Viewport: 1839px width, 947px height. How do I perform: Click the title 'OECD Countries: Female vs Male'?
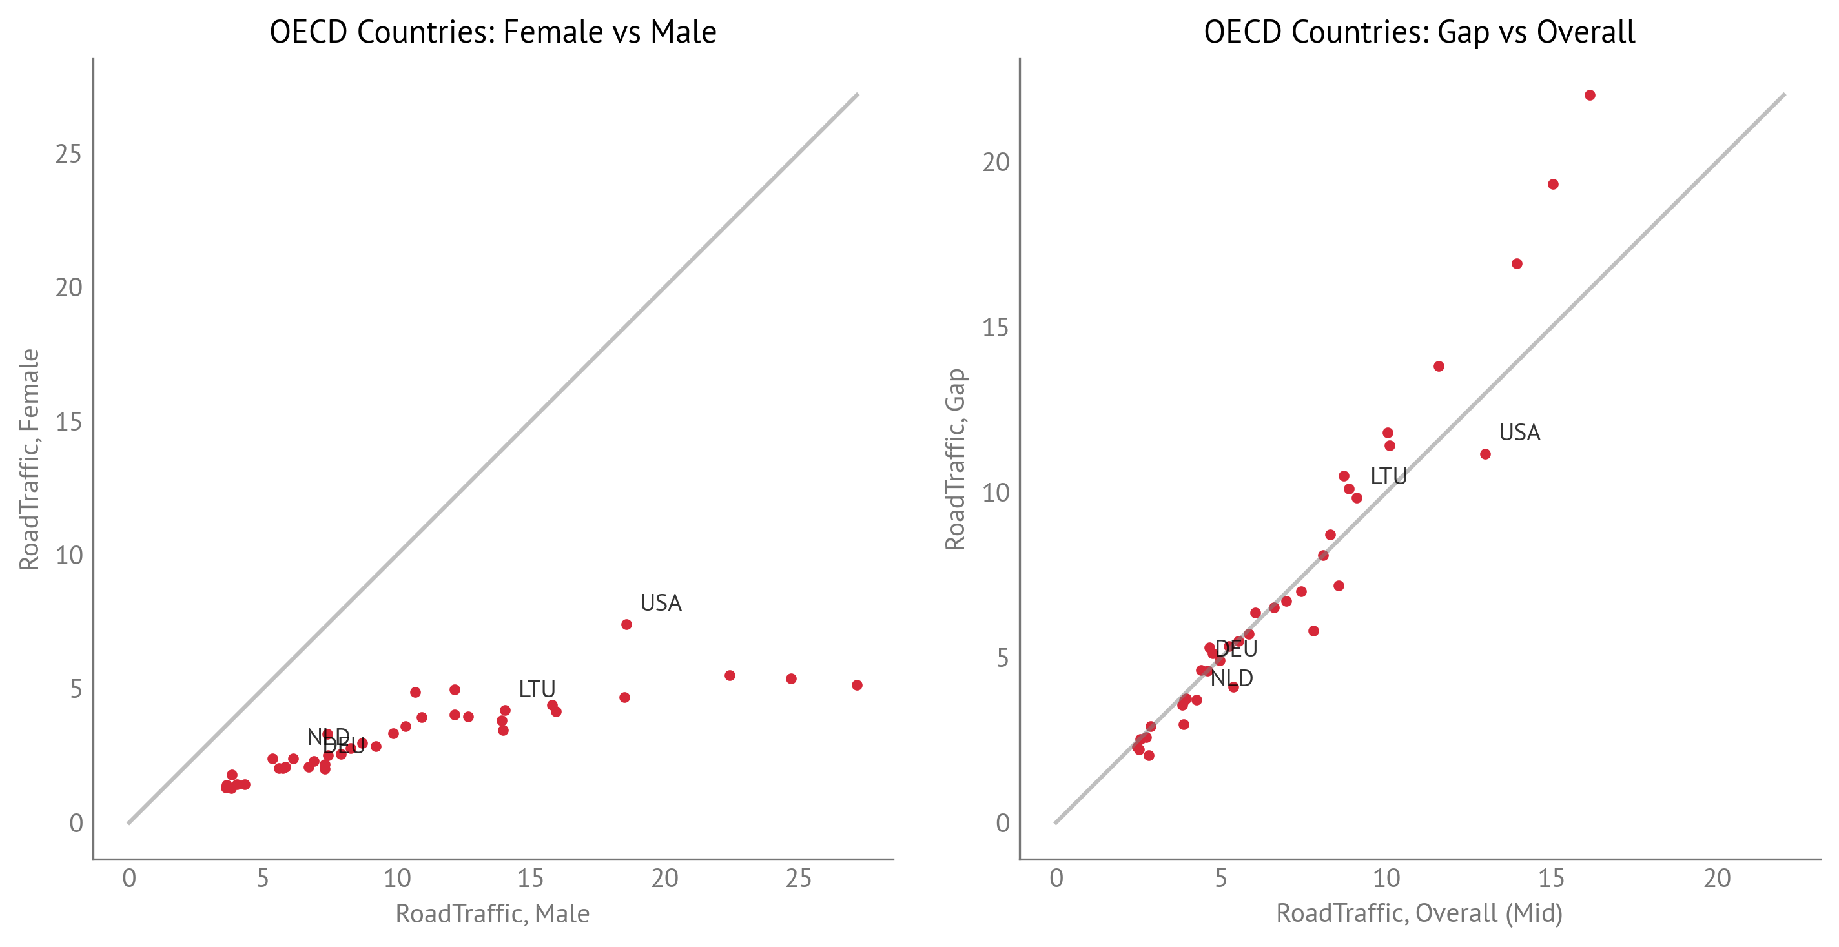click(x=493, y=32)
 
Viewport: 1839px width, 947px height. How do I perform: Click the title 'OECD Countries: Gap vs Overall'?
click(x=1419, y=32)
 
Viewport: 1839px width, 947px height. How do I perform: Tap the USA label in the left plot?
click(x=661, y=603)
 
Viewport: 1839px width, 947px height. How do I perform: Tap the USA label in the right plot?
click(x=1519, y=433)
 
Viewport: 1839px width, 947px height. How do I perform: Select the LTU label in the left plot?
click(x=537, y=689)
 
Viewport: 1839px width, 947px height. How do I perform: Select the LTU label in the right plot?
click(x=1388, y=476)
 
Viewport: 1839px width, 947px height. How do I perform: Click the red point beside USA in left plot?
click(x=626, y=624)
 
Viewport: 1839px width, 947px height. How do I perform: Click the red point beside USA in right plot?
click(x=1485, y=454)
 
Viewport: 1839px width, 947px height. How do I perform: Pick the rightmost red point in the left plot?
click(x=857, y=685)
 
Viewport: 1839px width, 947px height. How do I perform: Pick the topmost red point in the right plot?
click(x=1590, y=96)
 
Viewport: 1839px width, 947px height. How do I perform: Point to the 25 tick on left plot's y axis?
click(x=69, y=154)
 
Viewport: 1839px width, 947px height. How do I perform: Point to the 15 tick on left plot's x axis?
click(x=530, y=879)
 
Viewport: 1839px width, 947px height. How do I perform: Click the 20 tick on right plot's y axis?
click(x=996, y=163)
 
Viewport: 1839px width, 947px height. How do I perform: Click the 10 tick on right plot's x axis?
click(x=1386, y=879)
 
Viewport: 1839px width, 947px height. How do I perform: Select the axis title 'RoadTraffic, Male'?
click(x=493, y=913)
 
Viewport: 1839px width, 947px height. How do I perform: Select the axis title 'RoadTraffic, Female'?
click(x=28, y=459)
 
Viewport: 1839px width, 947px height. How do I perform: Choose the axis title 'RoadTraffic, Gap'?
click(x=955, y=459)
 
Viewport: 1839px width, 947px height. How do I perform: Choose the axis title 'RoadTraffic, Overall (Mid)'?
click(x=1419, y=913)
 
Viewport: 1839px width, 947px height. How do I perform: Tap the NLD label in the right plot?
click(x=1232, y=678)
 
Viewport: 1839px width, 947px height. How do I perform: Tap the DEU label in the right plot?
click(x=1237, y=649)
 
